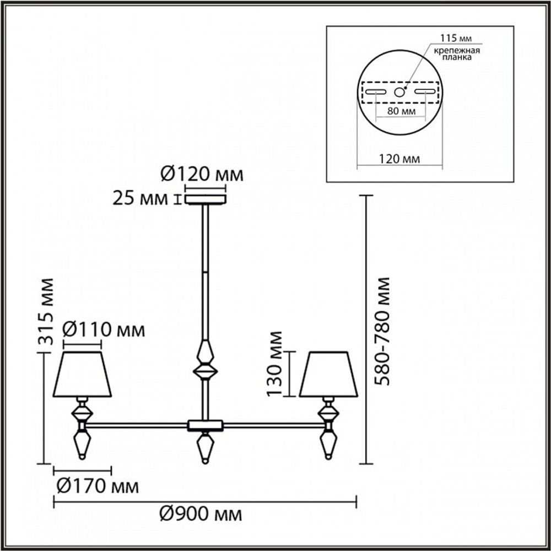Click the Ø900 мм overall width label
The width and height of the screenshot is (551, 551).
tap(201, 515)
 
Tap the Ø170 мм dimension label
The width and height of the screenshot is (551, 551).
tap(98, 487)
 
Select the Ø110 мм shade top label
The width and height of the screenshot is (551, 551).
tap(104, 330)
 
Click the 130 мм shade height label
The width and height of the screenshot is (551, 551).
tap(274, 364)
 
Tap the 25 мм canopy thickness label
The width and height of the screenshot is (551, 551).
tap(140, 198)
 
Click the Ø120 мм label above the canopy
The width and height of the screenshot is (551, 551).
tap(202, 175)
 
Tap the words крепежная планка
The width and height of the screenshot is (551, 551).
tap(456, 54)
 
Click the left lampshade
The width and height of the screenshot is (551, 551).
tap(83, 374)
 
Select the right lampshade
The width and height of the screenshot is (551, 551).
tap(329, 374)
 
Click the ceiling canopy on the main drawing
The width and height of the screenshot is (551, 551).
tap(205, 198)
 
